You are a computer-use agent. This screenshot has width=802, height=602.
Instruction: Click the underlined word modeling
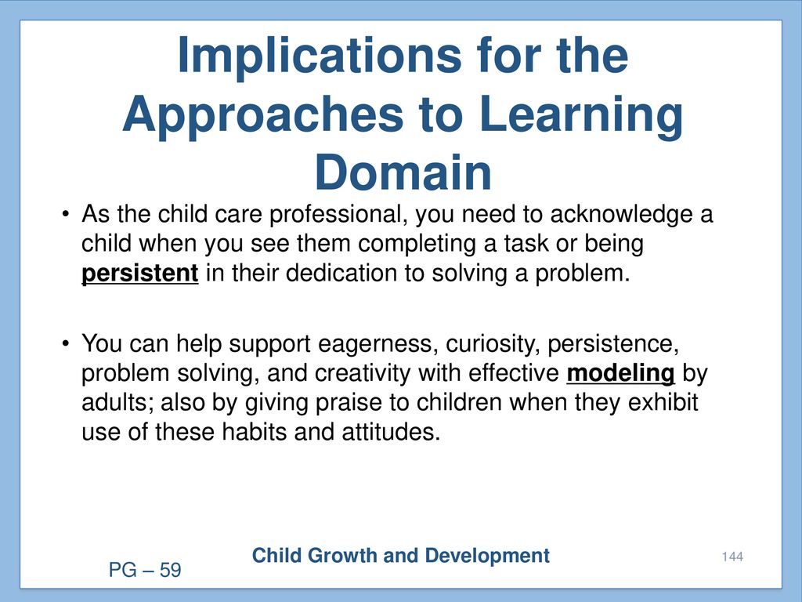[x=620, y=373]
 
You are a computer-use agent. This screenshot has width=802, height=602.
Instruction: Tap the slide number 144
[x=732, y=557]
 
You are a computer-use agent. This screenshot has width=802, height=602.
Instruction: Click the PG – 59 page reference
[x=145, y=570]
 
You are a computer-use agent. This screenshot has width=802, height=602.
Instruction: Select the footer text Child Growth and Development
[x=400, y=556]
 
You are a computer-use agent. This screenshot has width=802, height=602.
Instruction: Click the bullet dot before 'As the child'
[x=65, y=213]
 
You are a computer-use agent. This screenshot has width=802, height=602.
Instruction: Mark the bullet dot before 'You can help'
[x=65, y=343]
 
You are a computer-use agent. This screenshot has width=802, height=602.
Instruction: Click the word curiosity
[x=493, y=344]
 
